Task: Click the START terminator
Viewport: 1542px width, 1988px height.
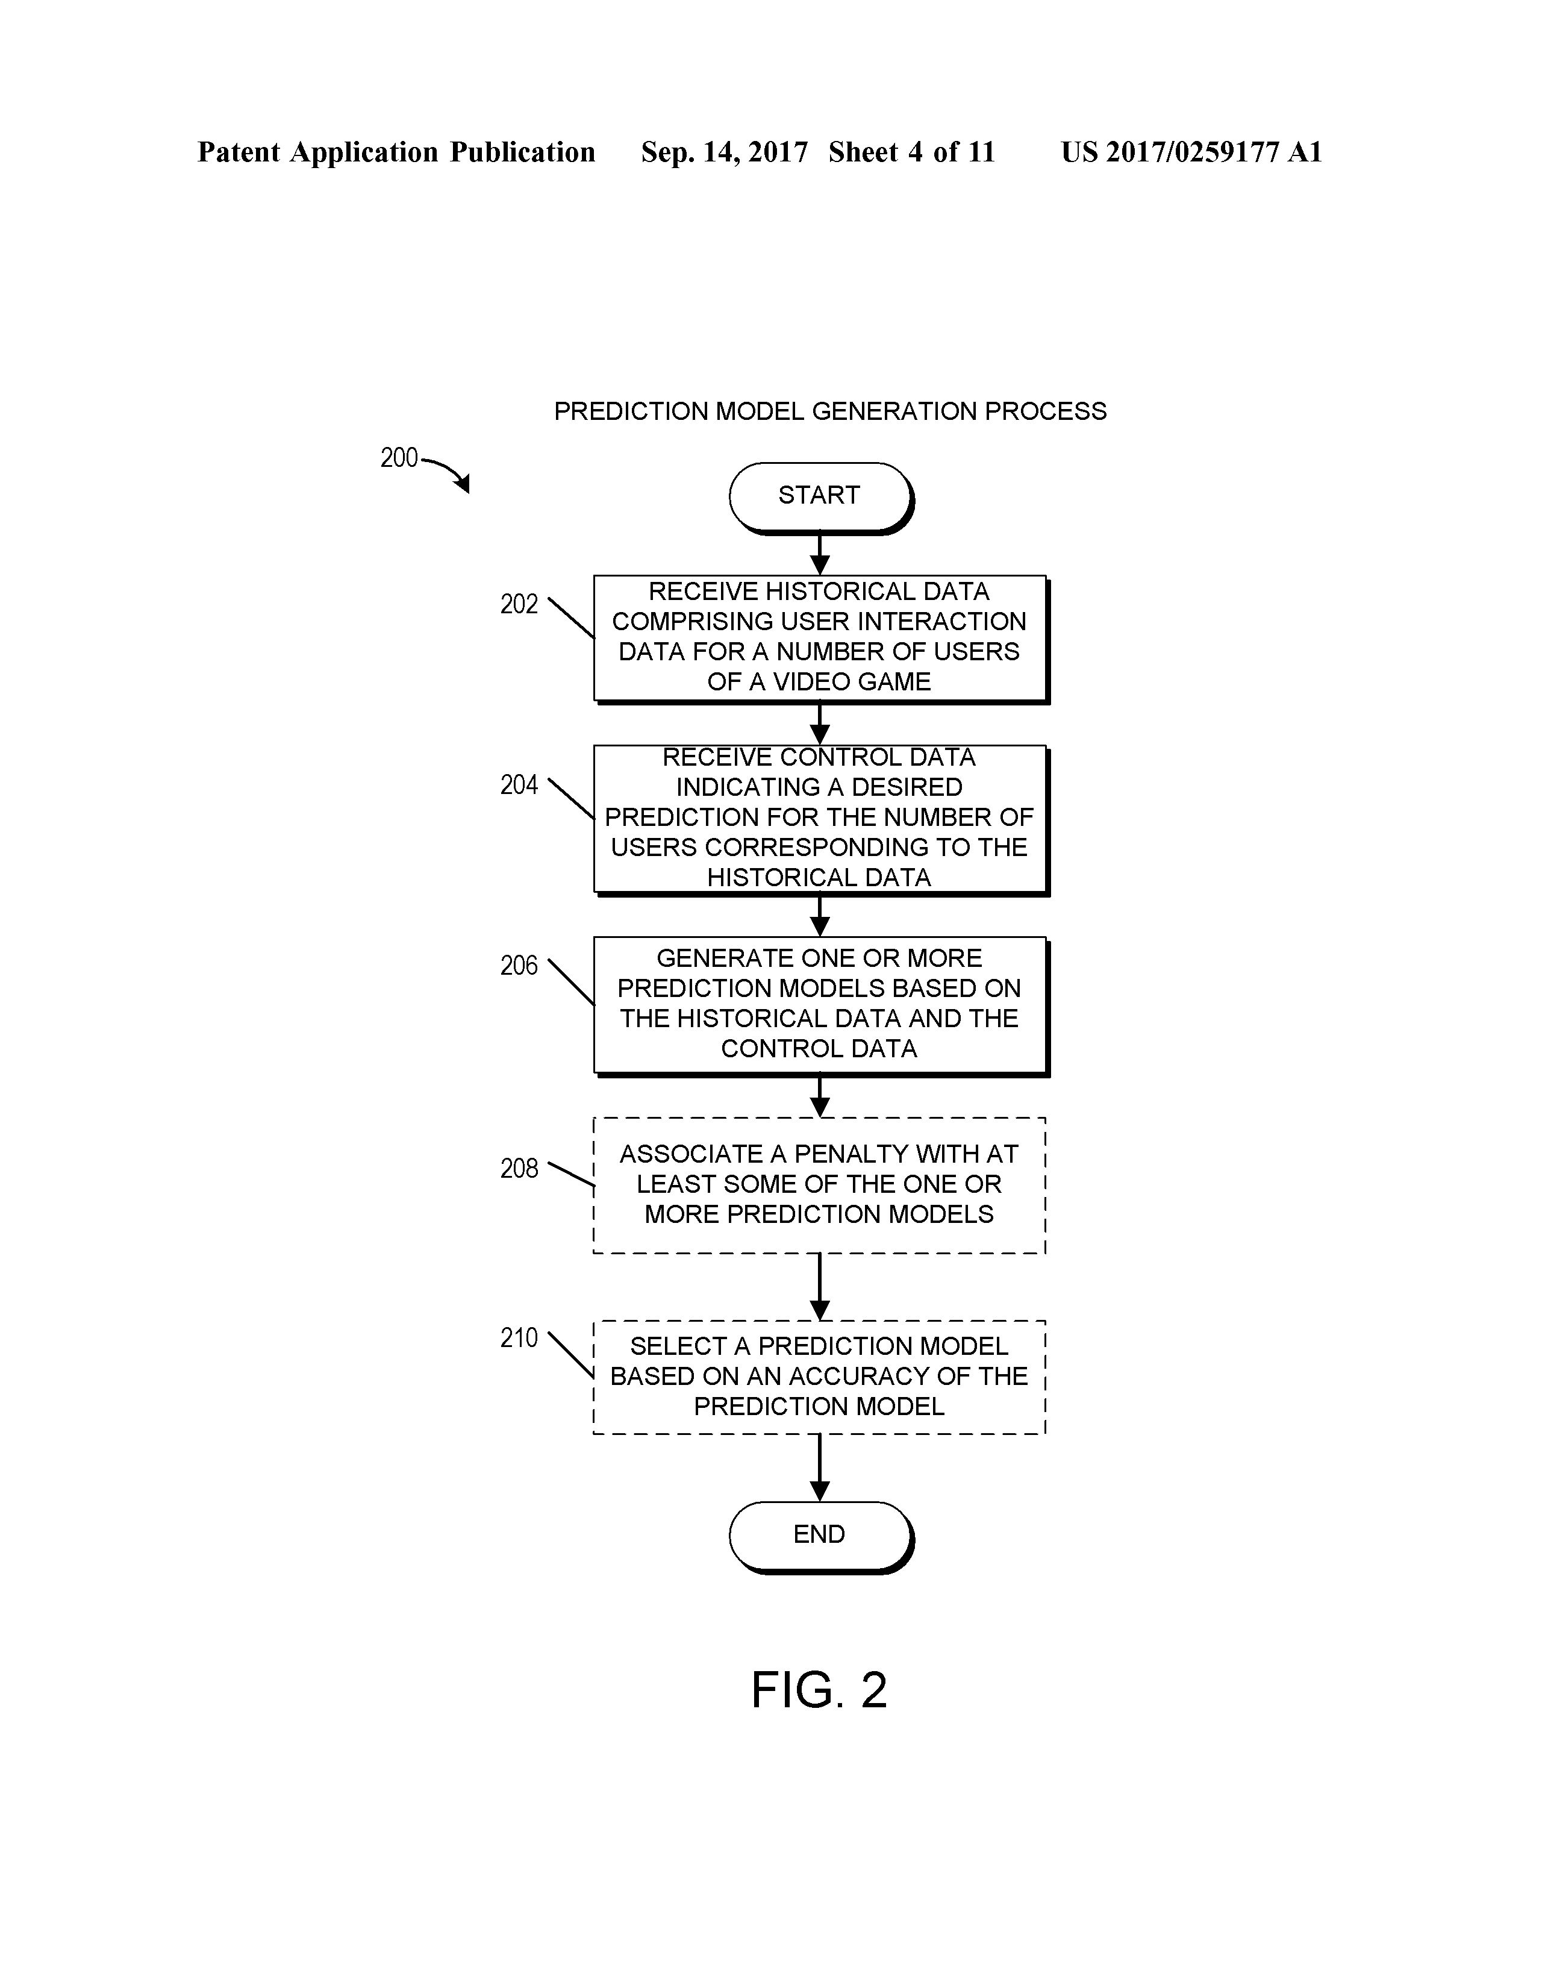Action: click(819, 495)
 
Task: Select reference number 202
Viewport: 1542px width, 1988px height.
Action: click(519, 604)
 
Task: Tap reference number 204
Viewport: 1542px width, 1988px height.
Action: click(519, 784)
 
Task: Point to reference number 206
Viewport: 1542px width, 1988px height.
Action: click(519, 966)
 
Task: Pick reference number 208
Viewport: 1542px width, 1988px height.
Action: click(519, 1169)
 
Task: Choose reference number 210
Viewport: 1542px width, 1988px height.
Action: click(519, 1338)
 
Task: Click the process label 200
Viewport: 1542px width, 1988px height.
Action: click(399, 458)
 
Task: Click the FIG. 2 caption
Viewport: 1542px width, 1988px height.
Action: click(819, 1690)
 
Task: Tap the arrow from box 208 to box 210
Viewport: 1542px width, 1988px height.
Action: click(819, 1286)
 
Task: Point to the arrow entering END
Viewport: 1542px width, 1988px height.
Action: click(819, 1468)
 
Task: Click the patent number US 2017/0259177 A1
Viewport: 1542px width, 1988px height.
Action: click(1191, 152)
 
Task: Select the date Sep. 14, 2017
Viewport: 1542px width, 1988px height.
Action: click(723, 152)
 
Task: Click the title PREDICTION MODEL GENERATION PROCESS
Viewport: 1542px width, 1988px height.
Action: click(830, 411)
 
